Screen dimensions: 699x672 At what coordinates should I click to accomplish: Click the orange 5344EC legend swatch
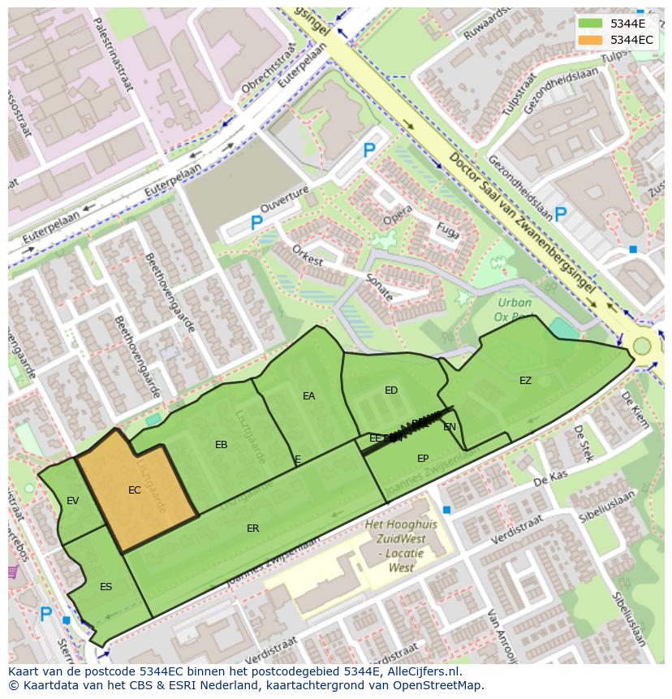click(x=591, y=40)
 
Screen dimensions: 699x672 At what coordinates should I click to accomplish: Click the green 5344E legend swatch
click(x=591, y=24)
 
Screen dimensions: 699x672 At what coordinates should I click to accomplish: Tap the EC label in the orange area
click(x=135, y=490)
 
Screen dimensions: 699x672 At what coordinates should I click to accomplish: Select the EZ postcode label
click(x=525, y=380)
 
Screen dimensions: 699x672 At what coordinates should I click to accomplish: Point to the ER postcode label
click(x=252, y=529)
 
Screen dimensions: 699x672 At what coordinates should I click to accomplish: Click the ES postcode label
click(x=106, y=586)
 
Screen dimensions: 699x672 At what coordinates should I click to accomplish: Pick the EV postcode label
click(x=73, y=501)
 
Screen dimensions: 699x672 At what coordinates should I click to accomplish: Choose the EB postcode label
click(x=221, y=444)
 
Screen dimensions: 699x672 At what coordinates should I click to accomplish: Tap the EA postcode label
click(x=308, y=396)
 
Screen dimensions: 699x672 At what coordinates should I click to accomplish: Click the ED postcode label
click(x=391, y=390)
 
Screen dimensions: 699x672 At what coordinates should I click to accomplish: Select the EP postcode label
click(x=423, y=459)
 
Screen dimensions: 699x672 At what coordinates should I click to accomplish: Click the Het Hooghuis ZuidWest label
click(x=400, y=546)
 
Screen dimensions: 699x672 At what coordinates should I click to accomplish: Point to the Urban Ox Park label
click(x=515, y=310)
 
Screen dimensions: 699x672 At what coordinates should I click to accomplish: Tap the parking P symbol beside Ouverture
click(x=256, y=222)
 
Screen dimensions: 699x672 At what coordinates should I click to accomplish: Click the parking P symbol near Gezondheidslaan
click(x=560, y=215)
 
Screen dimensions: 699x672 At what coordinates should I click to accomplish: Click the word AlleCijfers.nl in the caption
click(x=420, y=671)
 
